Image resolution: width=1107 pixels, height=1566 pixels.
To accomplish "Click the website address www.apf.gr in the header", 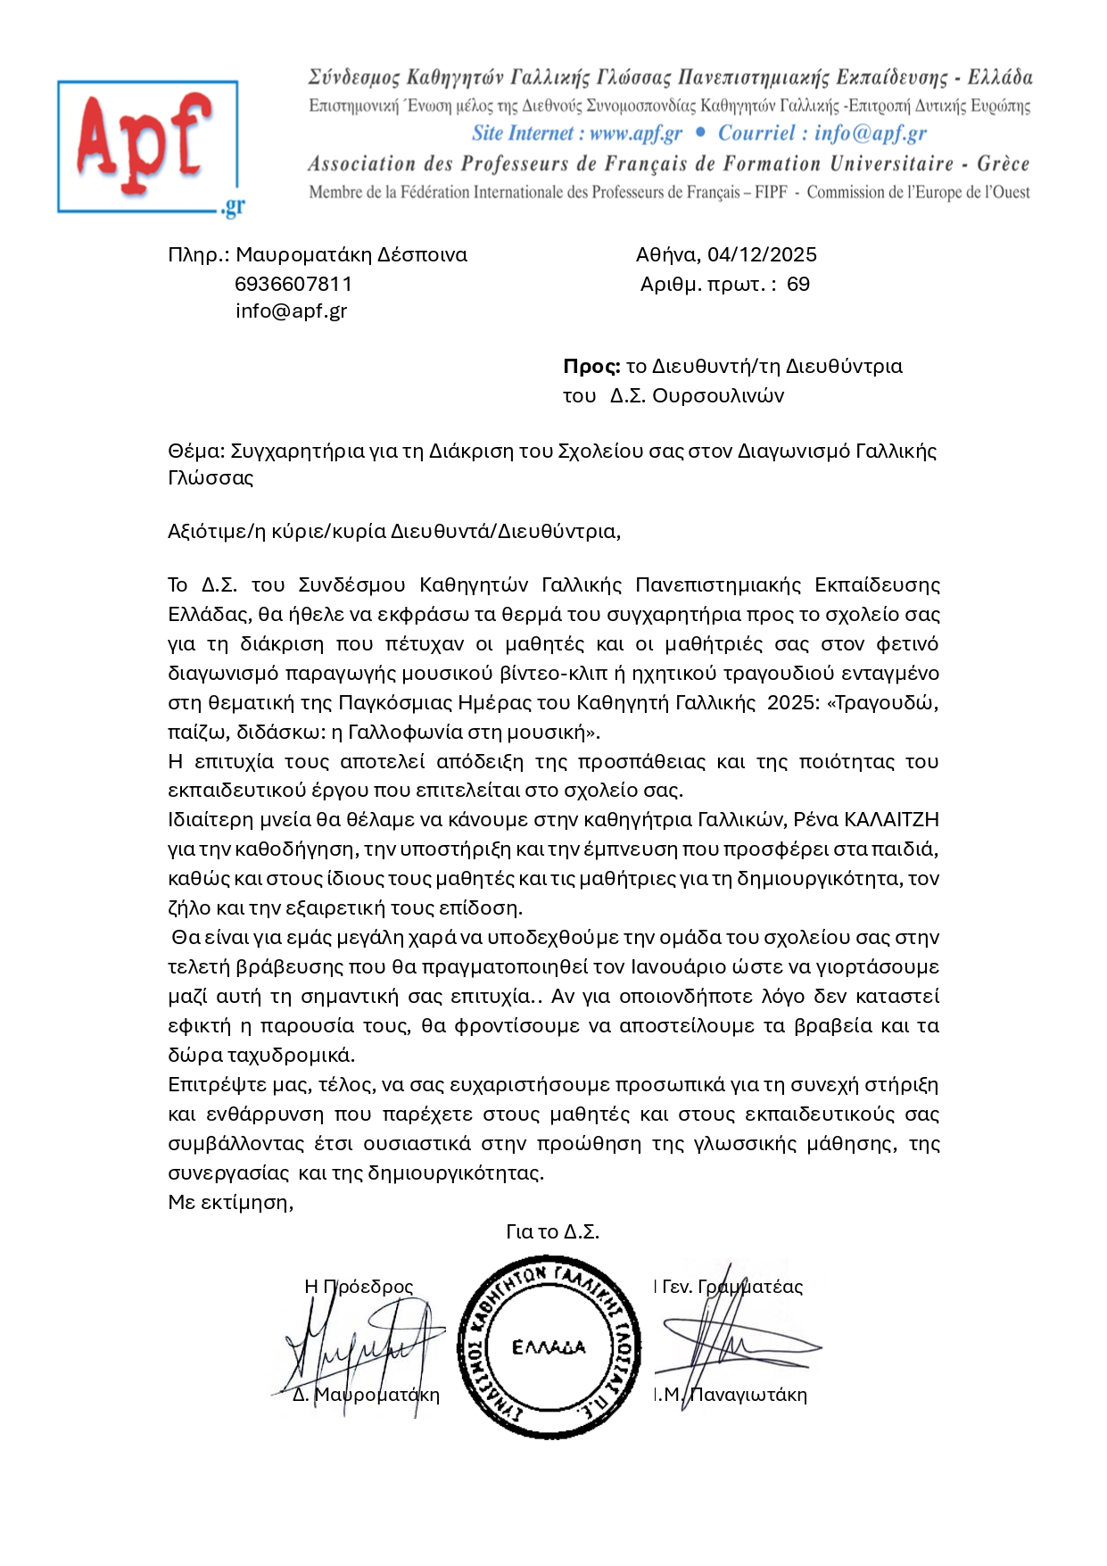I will click(x=635, y=134).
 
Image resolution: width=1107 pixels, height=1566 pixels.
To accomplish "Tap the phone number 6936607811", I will click(x=293, y=284).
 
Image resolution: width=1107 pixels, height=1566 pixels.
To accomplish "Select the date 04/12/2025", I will click(x=762, y=255).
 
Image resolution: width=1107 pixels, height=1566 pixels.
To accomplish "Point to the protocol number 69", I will click(x=798, y=285).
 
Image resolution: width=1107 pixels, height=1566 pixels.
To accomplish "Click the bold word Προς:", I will click(x=591, y=367).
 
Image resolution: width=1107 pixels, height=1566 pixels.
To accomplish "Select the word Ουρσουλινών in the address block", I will click(x=718, y=396).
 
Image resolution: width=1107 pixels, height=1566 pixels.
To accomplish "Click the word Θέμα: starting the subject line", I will click(x=196, y=452).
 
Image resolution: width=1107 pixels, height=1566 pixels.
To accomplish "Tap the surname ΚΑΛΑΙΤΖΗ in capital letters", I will click(x=891, y=820).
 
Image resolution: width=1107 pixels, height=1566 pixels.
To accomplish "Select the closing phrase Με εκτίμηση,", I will click(x=231, y=1203).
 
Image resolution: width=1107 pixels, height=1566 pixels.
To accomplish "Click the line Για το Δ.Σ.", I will click(x=552, y=1232).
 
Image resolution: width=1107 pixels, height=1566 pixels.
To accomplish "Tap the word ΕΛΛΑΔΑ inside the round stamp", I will click(x=549, y=1347).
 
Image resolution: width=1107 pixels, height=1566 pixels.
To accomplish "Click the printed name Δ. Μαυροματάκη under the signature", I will click(x=366, y=1395).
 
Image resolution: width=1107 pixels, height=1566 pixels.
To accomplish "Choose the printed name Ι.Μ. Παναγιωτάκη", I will click(x=730, y=1396).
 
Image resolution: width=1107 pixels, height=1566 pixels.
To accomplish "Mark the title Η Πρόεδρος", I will click(x=359, y=1287).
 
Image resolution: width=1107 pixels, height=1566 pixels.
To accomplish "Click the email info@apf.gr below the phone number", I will click(x=291, y=311).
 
